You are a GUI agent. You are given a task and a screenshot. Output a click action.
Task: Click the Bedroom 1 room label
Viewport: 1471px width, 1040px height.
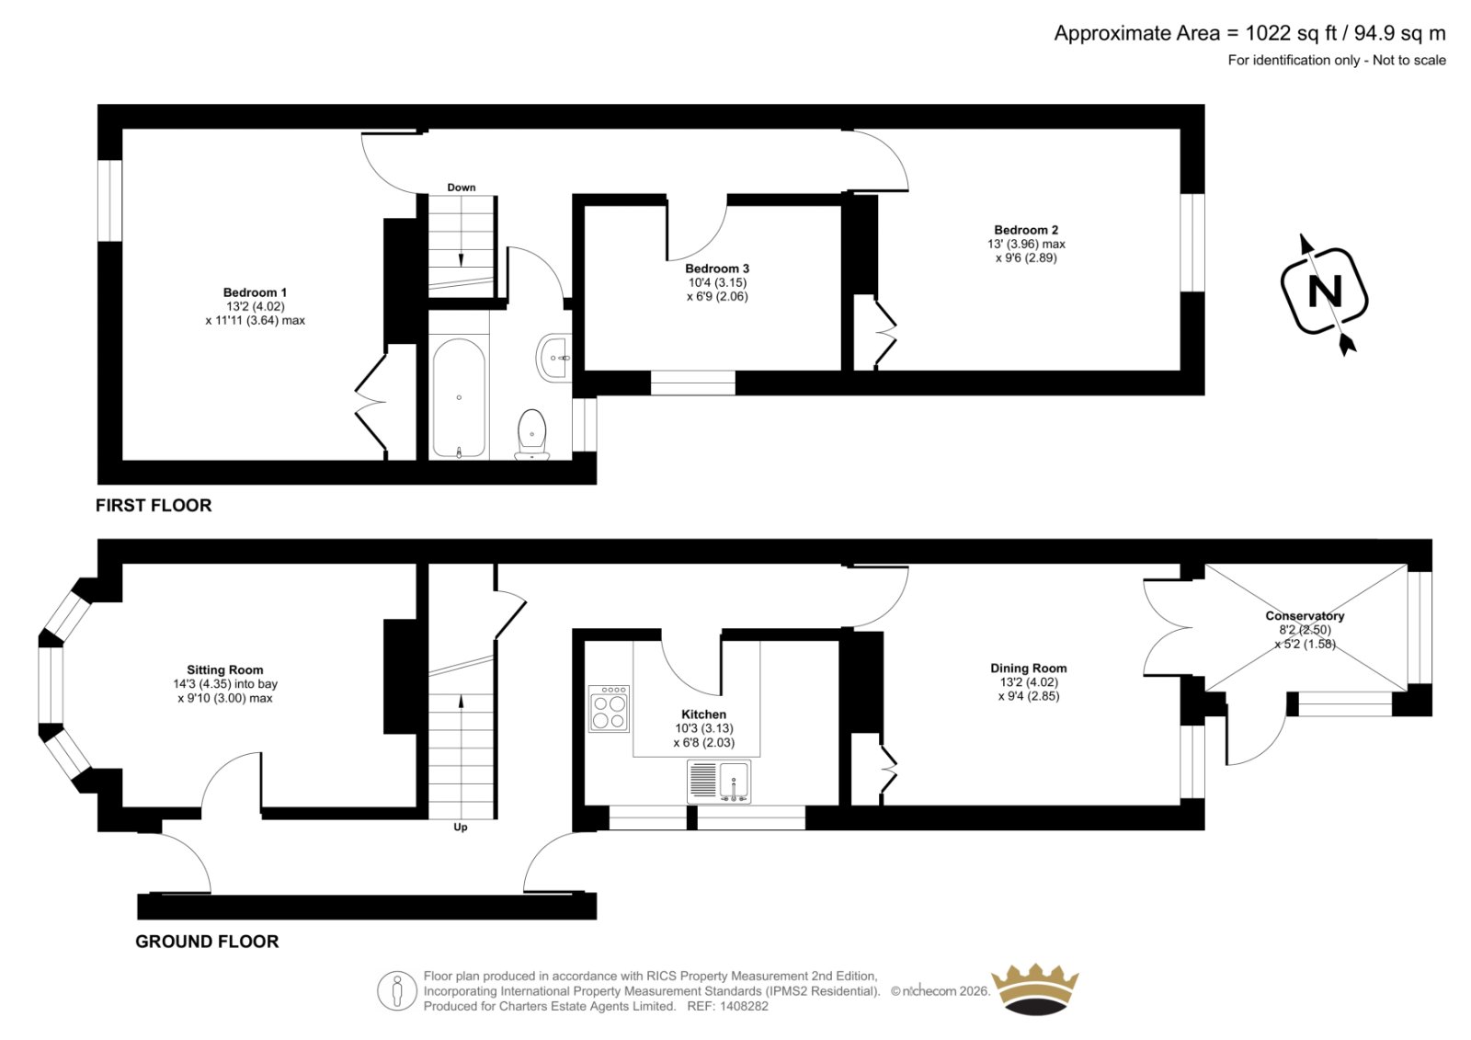point(255,292)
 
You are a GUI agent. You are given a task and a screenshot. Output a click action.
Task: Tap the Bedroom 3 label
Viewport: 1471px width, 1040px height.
point(717,269)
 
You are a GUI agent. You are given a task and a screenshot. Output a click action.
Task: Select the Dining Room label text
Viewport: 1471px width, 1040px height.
point(1029,669)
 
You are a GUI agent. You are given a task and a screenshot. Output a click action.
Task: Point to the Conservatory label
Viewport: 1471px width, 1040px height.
point(1305,615)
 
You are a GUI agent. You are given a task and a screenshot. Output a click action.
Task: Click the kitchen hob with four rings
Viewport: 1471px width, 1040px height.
point(610,709)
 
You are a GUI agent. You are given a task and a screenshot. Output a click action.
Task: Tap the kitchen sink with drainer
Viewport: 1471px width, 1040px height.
point(719,782)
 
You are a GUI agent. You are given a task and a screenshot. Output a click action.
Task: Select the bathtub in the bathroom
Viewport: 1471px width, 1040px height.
point(459,397)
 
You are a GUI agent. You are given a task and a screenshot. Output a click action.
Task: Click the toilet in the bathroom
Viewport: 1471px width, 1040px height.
point(532,435)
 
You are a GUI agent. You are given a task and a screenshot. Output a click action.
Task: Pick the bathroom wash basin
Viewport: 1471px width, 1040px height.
point(553,358)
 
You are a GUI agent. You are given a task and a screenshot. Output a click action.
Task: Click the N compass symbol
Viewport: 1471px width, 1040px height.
point(1325,293)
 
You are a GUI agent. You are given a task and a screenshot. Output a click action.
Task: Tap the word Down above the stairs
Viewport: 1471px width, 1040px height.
point(461,188)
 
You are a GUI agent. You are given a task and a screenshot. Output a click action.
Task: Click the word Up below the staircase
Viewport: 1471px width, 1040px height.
point(461,828)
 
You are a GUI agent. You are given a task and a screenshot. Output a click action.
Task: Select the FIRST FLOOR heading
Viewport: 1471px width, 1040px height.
point(154,505)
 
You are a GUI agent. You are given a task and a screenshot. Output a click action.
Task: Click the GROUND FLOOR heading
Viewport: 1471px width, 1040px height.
point(207,942)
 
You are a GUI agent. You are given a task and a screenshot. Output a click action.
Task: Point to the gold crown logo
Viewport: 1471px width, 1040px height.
point(1035,989)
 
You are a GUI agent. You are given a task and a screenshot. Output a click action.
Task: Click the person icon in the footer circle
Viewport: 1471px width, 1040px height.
point(397,990)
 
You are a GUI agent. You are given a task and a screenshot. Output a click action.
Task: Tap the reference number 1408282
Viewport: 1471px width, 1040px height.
point(743,1006)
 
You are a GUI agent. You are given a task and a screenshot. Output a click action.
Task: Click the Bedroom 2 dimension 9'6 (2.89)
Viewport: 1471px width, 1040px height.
point(1026,257)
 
